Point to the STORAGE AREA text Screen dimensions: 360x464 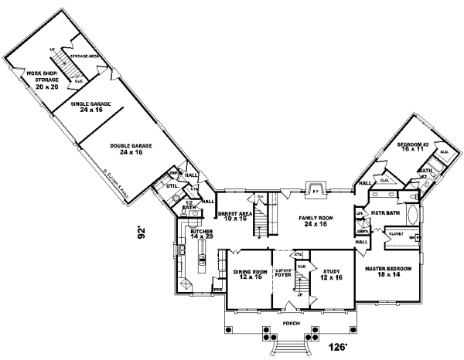(84, 57)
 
